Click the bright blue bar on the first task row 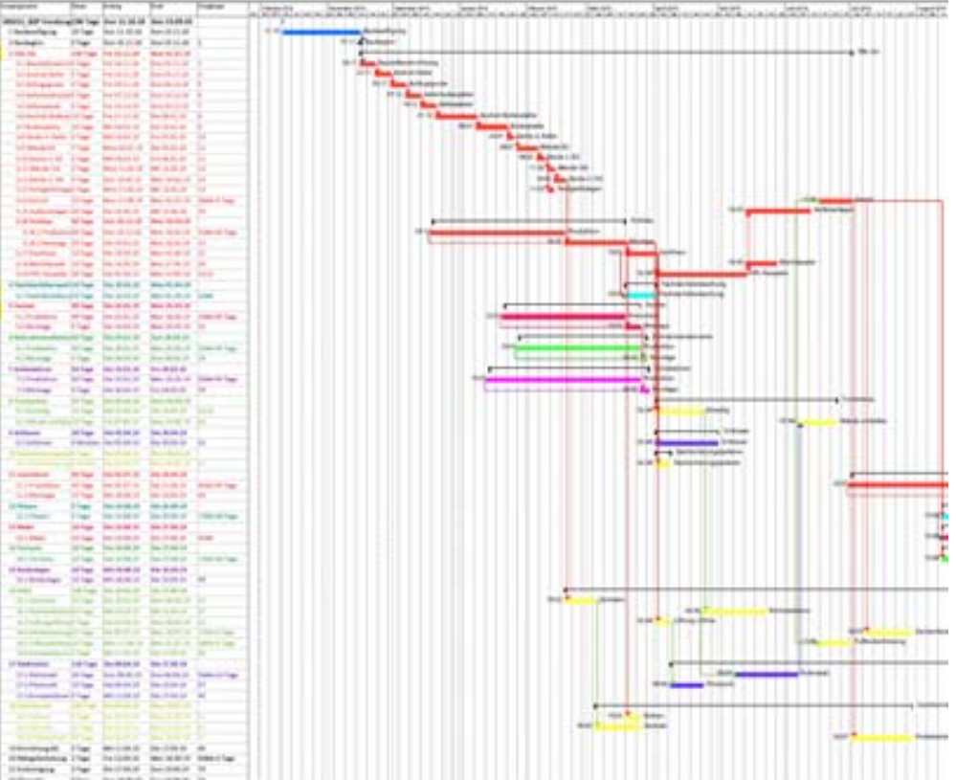pyautogui.click(x=322, y=32)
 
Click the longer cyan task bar pyautogui.click(x=641, y=295)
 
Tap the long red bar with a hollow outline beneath pyautogui.click(x=498, y=232)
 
